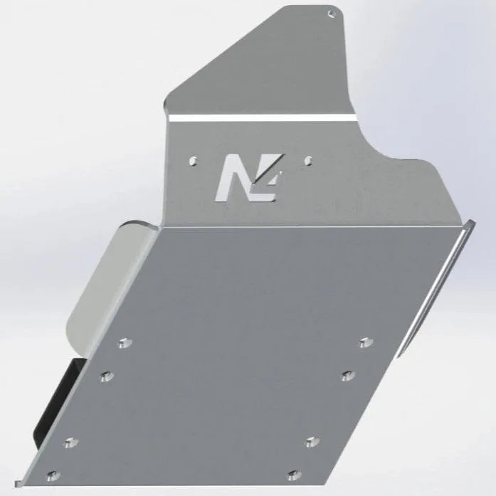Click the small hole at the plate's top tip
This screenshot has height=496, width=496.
(x=330, y=13)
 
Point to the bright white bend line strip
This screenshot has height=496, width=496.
(x=263, y=116)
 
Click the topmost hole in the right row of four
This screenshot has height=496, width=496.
(x=365, y=342)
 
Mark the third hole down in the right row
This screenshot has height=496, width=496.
(x=310, y=442)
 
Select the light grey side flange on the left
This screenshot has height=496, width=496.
(x=100, y=285)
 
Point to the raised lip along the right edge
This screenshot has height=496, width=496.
(x=434, y=285)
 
